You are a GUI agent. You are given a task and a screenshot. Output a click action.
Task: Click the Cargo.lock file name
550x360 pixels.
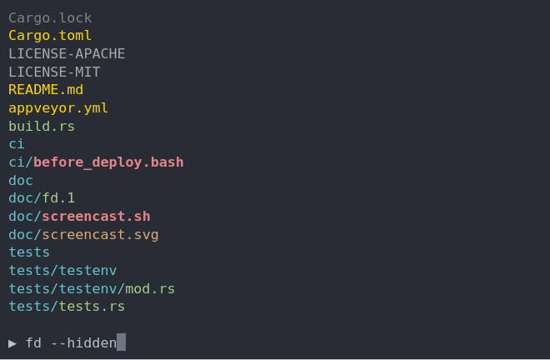coord(50,17)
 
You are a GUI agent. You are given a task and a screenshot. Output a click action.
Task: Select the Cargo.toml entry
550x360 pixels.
coord(50,35)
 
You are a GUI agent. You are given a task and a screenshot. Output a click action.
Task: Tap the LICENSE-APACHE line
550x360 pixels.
coord(67,53)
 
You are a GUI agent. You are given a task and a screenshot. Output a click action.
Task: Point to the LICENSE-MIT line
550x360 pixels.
coord(54,72)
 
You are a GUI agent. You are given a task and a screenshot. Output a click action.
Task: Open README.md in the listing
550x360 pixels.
coord(46,89)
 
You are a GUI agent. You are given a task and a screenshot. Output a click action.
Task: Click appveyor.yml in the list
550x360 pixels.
coord(58,107)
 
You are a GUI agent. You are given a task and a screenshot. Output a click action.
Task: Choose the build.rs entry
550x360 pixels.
coord(42,126)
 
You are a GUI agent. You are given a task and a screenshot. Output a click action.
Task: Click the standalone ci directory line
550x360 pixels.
coord(17,143)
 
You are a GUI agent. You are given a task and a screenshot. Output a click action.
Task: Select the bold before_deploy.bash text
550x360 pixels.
coord(108,162)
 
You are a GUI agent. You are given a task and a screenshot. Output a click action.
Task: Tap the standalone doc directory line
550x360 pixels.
coord(21,180)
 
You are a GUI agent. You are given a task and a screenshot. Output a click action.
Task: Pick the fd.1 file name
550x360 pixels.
coord(58,197)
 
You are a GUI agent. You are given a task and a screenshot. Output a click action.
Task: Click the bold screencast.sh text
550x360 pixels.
coord(96,216)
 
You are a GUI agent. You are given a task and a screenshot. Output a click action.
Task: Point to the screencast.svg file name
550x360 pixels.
coord(100,234)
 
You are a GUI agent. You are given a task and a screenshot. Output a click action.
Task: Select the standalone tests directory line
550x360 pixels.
coord(29,252)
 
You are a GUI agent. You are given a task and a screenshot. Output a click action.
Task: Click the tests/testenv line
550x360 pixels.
coord(62,270)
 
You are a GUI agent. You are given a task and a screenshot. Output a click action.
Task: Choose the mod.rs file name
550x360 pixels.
coord(150,288)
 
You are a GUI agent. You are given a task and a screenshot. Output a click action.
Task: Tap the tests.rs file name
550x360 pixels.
coord(92,306)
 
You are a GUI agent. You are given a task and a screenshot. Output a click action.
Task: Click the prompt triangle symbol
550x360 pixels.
coord(12,342)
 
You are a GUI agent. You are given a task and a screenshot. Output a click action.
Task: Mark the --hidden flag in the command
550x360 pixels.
coord(83,342)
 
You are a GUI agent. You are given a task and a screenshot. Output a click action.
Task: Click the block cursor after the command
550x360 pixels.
coord(122,342)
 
